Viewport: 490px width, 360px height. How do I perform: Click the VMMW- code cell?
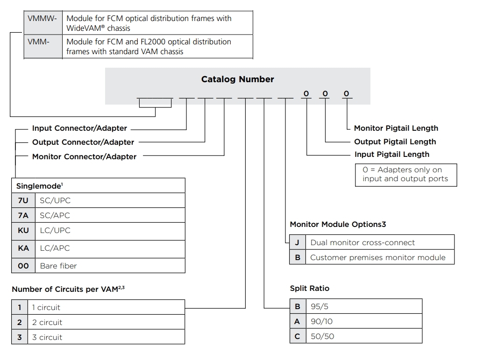43,22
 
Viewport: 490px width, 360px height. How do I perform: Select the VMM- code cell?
43,46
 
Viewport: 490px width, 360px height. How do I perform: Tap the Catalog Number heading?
237,79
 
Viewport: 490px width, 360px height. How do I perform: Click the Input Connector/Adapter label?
79,128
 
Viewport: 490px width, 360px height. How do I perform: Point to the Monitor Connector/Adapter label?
85,156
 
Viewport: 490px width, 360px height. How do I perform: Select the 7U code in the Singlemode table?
23,200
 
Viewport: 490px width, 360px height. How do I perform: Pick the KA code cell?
23,248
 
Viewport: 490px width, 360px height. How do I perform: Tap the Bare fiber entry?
58,266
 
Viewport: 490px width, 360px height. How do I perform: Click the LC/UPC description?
55,230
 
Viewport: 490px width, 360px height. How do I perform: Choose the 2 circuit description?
47,322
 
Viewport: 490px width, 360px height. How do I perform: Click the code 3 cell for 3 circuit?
20,337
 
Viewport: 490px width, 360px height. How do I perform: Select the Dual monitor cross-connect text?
362,242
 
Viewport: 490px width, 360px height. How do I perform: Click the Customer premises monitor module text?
378,257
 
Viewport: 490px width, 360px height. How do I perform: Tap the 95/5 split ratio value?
320,307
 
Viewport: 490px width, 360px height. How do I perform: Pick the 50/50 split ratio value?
322,336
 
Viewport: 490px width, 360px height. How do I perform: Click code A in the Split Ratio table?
298,321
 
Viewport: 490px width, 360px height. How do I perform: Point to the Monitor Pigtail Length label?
396,128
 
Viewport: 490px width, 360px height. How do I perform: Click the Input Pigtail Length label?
392,155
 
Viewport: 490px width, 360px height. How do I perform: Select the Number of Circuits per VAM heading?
68,289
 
